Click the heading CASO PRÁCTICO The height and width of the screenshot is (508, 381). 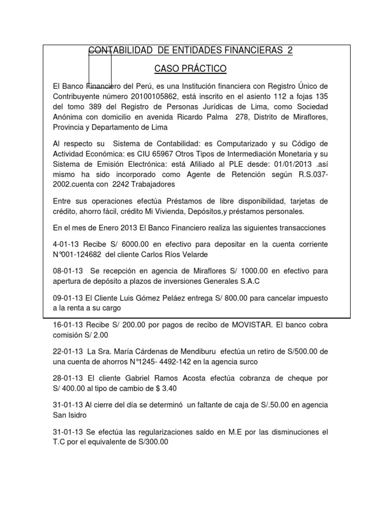[x=190, y=68]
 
